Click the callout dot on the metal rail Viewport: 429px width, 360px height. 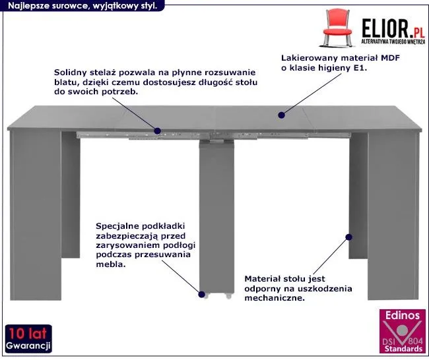pyautogui.click(x=158, y=131)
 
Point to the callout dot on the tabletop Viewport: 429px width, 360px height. pyautogui.click(x=281, y=115)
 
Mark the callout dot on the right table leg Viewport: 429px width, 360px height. pyautogui.click(x=349, y=235)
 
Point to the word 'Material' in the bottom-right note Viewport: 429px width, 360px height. pyautogui.click(x=264, y=278)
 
